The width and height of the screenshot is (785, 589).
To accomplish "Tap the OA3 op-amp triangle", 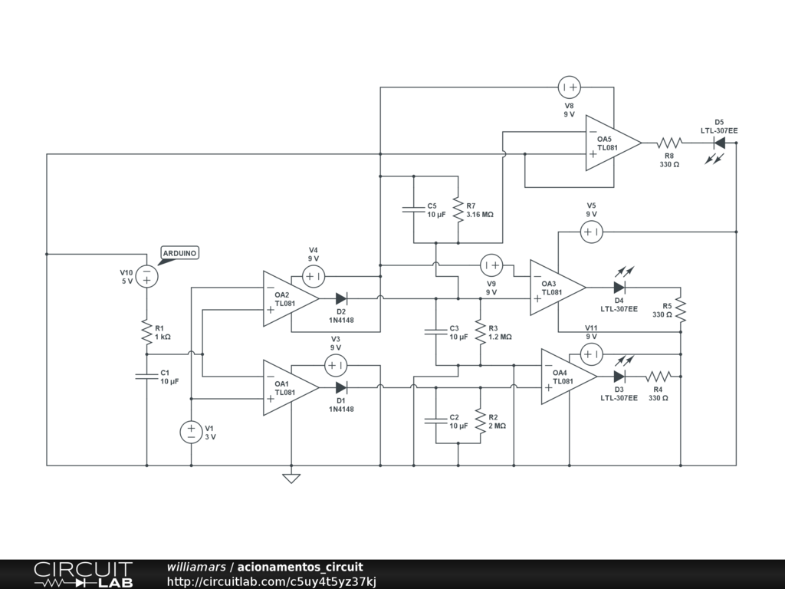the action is (557, 288).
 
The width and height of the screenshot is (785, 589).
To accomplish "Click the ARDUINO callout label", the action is (179, 254).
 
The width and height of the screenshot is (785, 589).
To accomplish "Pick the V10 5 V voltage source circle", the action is (146, 276).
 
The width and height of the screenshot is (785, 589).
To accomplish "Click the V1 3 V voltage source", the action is (191, 433).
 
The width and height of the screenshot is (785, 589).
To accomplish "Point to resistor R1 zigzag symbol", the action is (146, 332).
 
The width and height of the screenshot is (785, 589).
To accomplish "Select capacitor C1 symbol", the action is (146, 376).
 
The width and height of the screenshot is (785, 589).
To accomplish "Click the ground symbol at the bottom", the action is (291, 479).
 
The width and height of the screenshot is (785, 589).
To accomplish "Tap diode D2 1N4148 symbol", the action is (341, 298).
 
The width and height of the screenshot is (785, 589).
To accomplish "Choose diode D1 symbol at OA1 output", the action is (341, 387).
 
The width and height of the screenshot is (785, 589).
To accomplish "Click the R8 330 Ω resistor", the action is (669, 143).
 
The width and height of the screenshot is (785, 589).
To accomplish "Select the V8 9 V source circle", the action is (570, 87).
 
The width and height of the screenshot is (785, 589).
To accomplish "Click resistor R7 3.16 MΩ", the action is (458, 209).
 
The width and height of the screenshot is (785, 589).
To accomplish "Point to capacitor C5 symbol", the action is (413, 209).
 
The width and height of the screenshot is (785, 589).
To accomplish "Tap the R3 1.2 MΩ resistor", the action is (480, 332).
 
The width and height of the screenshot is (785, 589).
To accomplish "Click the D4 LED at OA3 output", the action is (619, 288).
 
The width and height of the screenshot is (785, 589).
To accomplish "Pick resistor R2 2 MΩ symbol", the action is (480, 421).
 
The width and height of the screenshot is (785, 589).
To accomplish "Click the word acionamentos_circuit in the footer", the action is (300, 567).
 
